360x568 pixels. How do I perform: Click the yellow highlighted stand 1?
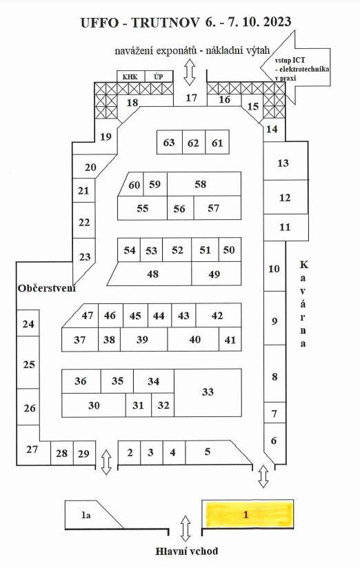click(248, 514)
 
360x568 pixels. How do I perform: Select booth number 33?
click(208, 393)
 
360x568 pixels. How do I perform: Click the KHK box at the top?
click(130, 77)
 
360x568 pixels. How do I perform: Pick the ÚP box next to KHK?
click(159, 77)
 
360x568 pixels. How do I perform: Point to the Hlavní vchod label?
click(187, 551)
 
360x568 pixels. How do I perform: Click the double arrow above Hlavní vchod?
click(186, 529)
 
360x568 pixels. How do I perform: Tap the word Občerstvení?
click(47, 288)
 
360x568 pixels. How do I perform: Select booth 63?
click(169, 142)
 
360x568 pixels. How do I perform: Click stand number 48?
click(152, 274)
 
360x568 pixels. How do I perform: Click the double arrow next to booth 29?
click(106, 462)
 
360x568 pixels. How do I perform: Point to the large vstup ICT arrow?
click(295, 67)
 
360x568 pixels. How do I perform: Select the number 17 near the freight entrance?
click(191, 97)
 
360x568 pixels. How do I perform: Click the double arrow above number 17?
click(190, 72)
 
